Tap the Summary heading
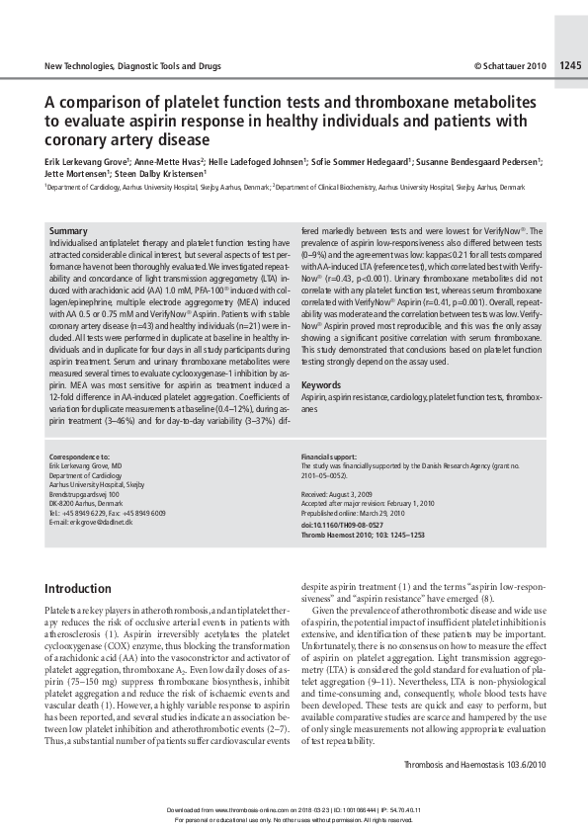click(x=68, y=230)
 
